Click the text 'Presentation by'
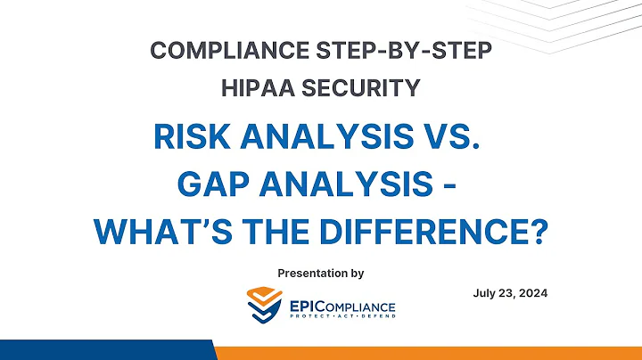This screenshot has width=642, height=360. click(x=321, y=272)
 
